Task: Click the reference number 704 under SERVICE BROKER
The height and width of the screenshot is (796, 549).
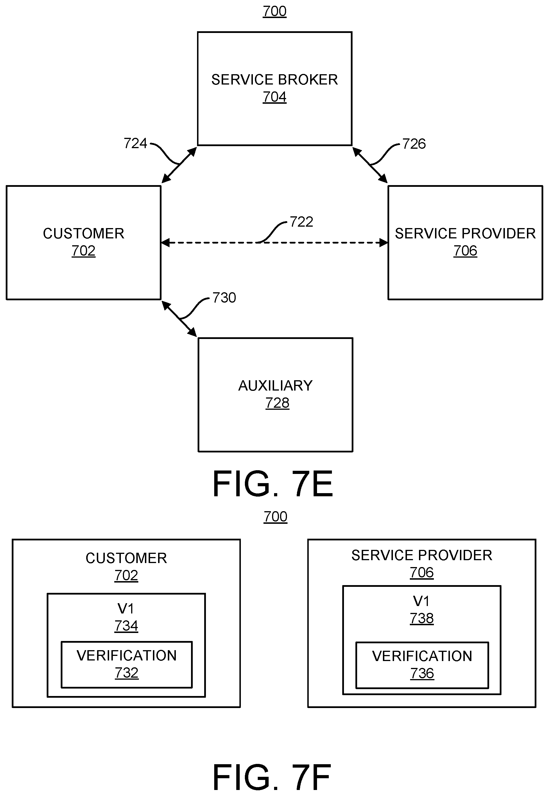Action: [274, 97]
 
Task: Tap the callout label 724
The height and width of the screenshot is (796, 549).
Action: [135, 143]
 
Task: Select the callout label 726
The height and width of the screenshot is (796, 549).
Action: [414, 144]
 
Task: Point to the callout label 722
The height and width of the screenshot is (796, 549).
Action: [301, 222]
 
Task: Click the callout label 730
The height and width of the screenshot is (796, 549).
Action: [224, 298]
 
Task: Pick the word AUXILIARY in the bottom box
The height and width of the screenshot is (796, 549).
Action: [275, 386]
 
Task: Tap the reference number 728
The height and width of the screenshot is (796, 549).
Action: [277, 403]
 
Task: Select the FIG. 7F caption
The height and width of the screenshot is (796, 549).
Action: [272, 777]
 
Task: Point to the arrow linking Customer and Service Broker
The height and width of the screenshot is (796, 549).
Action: [179, 165]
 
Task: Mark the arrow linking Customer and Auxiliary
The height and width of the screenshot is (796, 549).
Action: [179, 319]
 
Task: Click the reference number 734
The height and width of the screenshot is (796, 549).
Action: [126, 626]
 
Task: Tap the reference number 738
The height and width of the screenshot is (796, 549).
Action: [422, 618]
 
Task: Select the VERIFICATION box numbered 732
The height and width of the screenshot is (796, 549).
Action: [127, 664]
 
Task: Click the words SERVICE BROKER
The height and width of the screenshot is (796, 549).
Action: [274, 80]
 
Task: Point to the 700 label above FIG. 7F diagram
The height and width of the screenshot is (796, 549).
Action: [276, 517]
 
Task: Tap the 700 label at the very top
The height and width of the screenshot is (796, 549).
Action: [274, 11]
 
